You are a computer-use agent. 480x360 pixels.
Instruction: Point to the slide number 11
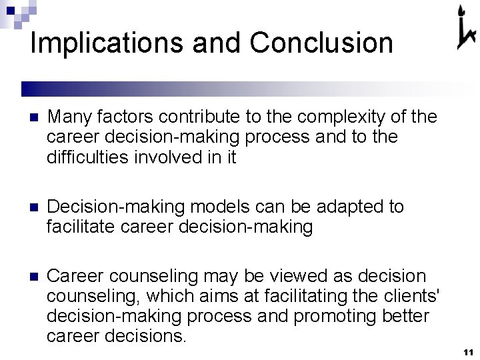click(x=467, y=351)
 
